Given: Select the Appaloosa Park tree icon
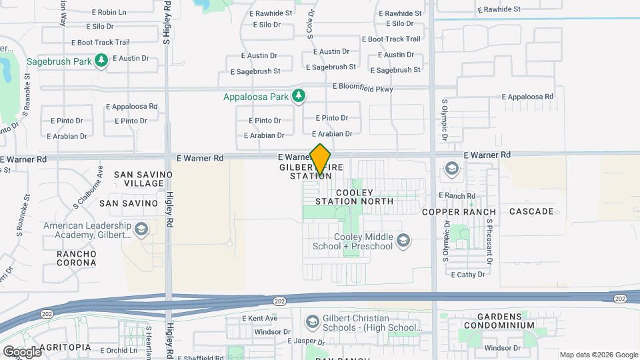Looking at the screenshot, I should pos(299,97).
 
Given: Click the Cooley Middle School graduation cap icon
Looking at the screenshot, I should pos(403,240).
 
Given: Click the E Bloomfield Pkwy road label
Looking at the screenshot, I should pos(363,88).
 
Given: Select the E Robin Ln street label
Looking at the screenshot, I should pos(110,12).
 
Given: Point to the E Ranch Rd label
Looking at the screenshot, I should pos(456,196).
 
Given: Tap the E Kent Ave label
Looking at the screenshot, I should pos(259,318).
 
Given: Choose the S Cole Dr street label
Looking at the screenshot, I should pos(311,23).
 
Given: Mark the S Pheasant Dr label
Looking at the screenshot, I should pos(489,243).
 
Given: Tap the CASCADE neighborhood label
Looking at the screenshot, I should pos(531,211).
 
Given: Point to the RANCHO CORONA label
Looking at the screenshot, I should pos(76,258).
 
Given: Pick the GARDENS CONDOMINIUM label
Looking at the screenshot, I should pos(496,320).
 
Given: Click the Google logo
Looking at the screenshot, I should pos(21,351).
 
